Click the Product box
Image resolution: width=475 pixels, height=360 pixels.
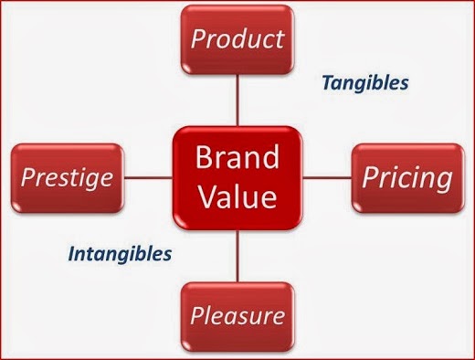pos(237,39)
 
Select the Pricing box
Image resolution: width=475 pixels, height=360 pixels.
pos(408,178)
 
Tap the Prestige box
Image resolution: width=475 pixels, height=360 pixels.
pos(68,178)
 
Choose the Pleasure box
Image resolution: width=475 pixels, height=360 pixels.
pos(237,317)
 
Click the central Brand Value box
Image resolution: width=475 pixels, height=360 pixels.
pos(237,178)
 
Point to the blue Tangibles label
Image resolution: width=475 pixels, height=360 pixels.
pos(365,83)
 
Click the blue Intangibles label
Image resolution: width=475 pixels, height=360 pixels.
pos(120,254)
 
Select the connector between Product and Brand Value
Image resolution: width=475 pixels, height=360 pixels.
pos(237,100)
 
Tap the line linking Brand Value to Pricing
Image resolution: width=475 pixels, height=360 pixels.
pos(327,177)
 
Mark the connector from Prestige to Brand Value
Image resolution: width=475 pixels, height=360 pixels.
pos(149,177)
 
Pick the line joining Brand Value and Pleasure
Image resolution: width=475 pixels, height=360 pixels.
pos(237,256)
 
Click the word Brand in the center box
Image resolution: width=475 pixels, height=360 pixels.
pos(237,157)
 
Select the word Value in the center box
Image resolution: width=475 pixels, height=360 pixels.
pos(237,196)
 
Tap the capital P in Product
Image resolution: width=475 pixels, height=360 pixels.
pos(199,38)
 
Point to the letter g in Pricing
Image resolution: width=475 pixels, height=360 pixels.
pos(443,181)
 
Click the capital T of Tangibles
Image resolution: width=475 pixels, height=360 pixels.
pos(328,82)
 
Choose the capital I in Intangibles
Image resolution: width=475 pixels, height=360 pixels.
pos(72,253)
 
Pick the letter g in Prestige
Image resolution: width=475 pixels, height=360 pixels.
pos(89,180)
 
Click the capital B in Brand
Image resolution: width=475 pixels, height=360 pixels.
pos(204,157)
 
